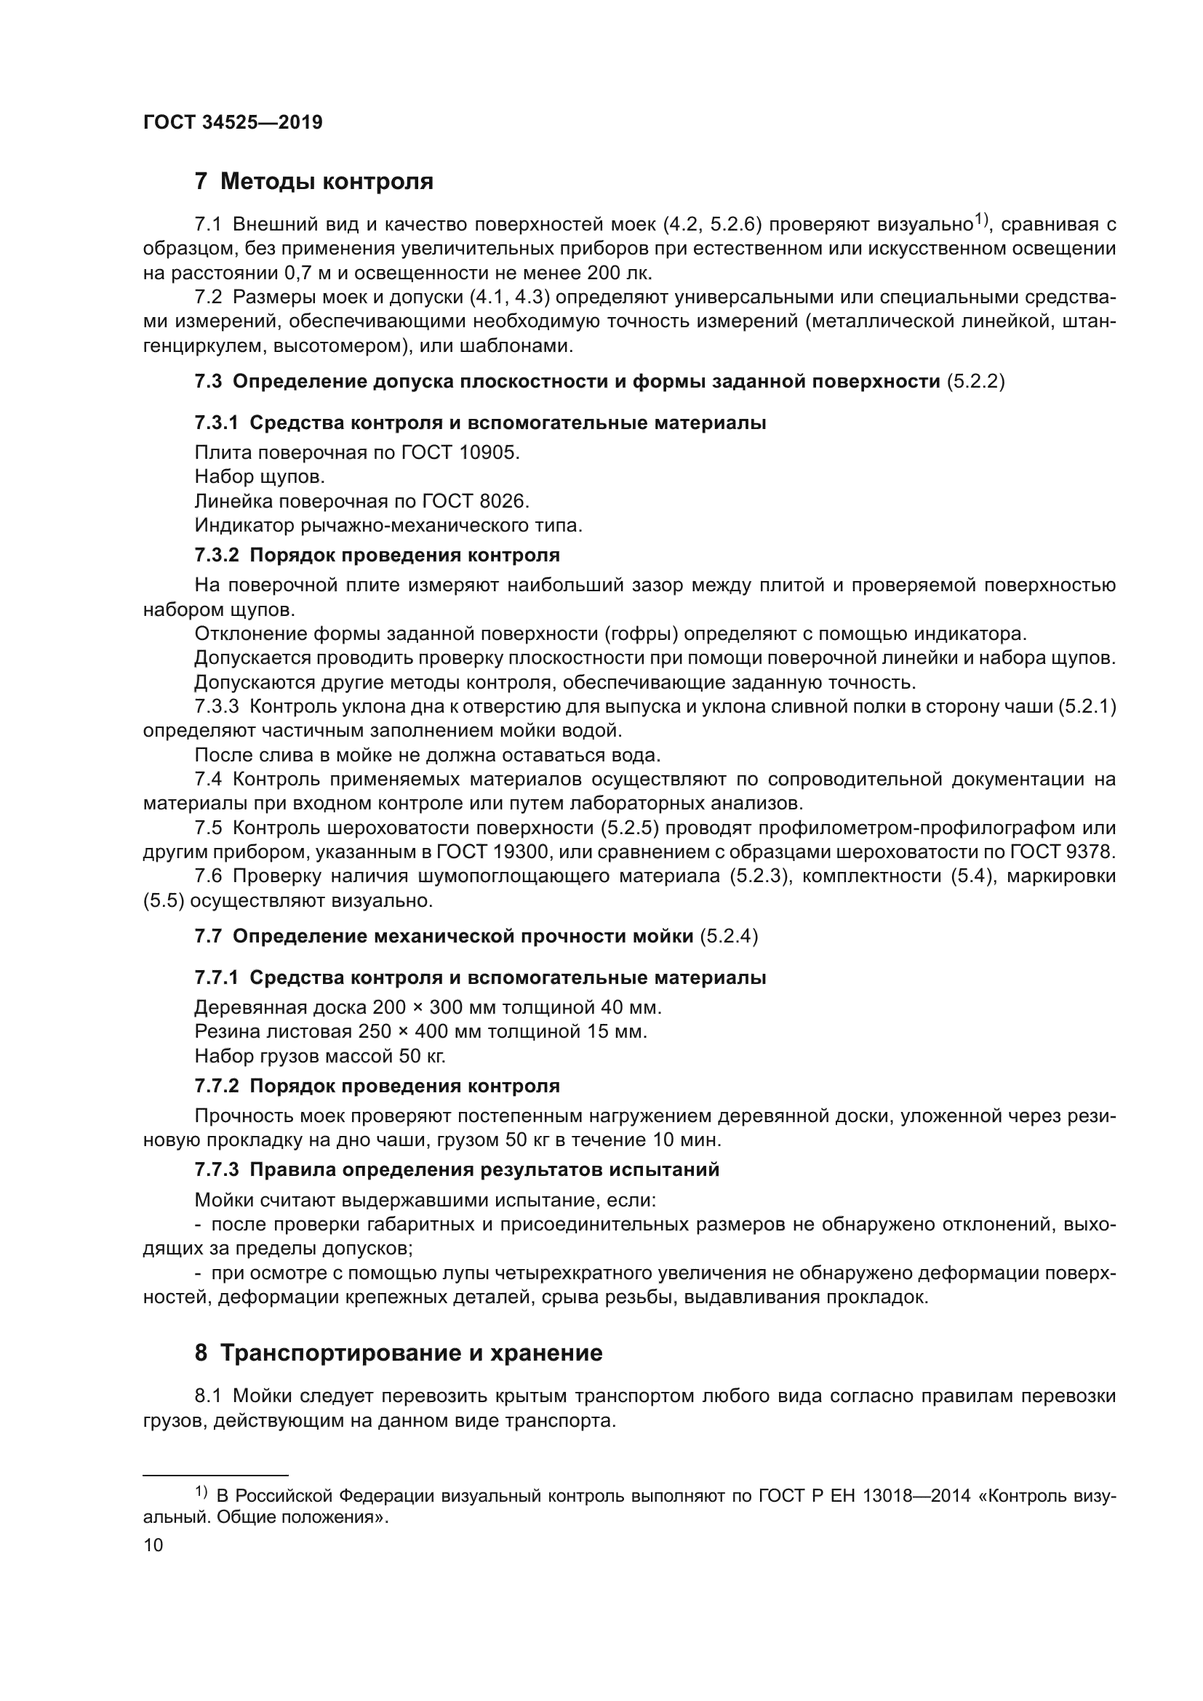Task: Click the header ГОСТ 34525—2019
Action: point(233,123)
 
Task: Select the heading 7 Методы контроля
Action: point(314,181)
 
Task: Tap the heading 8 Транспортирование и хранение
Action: point(399,1353)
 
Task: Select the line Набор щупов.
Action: point(260,477)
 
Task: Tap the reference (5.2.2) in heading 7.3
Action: point(975,382)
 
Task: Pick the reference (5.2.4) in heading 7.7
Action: point(729,937)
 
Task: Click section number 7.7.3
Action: point(216,1170)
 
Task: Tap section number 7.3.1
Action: point(216,423)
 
